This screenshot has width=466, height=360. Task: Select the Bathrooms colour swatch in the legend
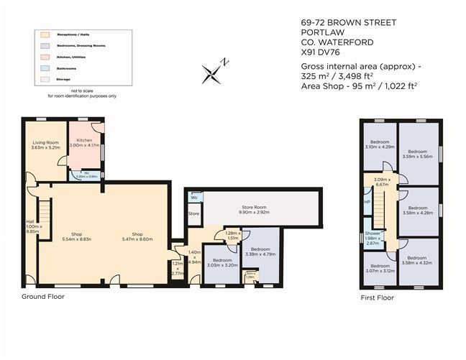(x=43, y=69)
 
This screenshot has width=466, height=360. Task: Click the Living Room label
(x=45, y=143)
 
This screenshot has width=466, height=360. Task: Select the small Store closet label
(x=193, y=213)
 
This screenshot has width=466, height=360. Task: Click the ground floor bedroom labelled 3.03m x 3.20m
(x=222, y=263)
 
